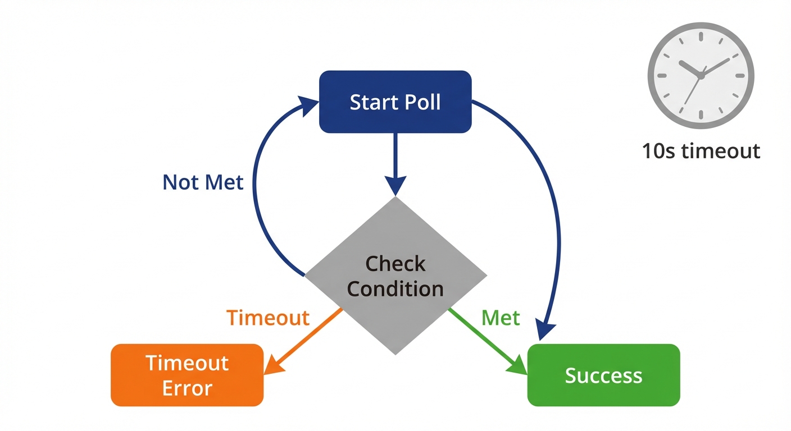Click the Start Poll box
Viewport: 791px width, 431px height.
point(395,102)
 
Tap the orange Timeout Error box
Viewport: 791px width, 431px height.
point(187,375)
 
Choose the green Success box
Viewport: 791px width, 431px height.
point(603,375)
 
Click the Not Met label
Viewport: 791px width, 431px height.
point(203,182)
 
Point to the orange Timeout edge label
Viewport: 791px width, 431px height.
point(268,318)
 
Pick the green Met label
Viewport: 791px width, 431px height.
point(501,318)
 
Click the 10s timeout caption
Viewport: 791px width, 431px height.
point(701,151)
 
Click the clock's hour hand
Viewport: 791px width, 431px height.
point(690,68)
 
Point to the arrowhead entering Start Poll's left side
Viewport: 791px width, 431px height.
point(309,104)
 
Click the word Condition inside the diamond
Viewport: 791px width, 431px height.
point(395,288)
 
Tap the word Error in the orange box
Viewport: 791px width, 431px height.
point(187,388)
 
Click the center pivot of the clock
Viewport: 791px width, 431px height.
point(701,75)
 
